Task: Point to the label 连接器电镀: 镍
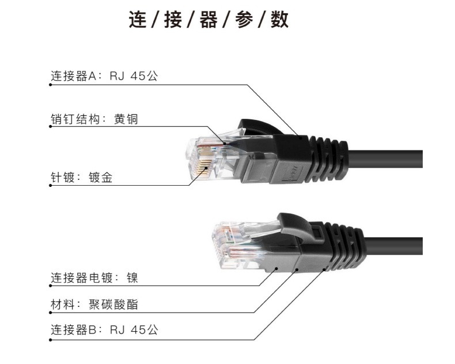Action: click(94, 278)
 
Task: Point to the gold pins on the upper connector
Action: click(203, 165)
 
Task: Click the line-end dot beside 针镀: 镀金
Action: click(51, 185)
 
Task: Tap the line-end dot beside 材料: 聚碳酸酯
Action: click(51, 312)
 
